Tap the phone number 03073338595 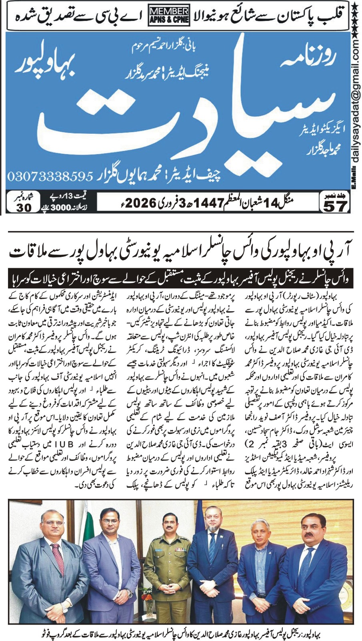[50, 176]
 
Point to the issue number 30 [24, 208]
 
